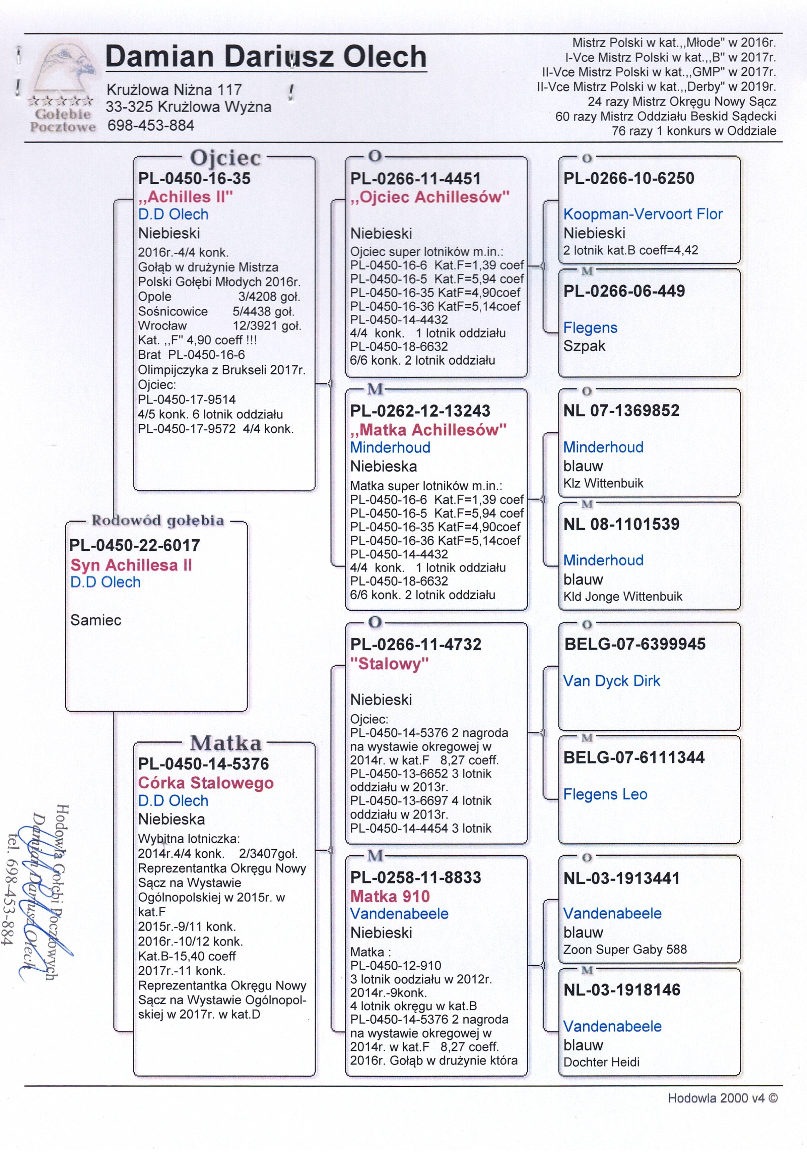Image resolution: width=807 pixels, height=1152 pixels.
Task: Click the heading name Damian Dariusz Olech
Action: tap(266, 56)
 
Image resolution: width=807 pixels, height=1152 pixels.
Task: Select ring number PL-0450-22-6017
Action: tap(134, 545)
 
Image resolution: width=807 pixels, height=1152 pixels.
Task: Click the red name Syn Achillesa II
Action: tap(131, 565)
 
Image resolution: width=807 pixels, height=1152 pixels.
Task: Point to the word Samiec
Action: tap(96, 620)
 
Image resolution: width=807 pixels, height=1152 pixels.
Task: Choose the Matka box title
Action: tap(226, 742)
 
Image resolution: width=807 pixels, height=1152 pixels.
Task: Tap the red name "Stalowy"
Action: tap(389, 664)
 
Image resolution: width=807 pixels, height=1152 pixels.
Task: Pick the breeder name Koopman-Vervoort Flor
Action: tap(643, 214)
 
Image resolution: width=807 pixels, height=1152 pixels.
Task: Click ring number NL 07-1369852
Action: tap(621, 411)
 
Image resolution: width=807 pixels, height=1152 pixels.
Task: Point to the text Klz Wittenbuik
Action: tap(603, 483)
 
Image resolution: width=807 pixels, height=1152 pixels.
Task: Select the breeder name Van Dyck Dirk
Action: tap(611, 681)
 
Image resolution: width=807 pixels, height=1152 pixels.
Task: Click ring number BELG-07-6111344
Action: tap(634, 757)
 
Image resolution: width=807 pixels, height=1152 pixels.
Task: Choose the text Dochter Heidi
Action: tap(601, 1062)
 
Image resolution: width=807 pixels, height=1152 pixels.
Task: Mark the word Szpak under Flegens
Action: tap(584, 346)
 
